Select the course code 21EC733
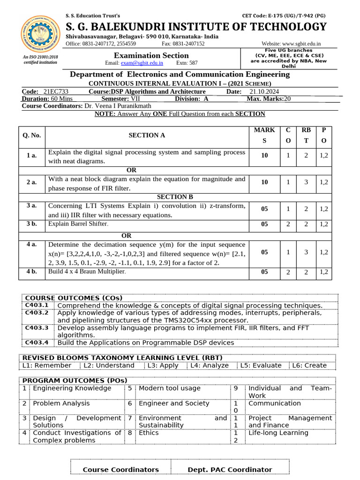(56, 92)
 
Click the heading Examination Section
(149, 55)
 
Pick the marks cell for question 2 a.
(264, 183)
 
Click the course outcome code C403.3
(37, 328)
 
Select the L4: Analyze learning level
(210, 366)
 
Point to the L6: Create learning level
(309, 366)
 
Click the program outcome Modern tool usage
(169, 388)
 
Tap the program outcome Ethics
(149, 433)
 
